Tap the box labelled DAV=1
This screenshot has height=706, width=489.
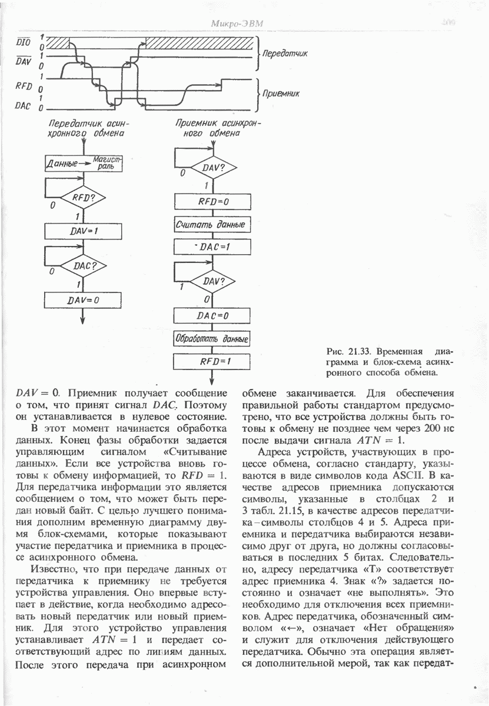(x=83, y=231)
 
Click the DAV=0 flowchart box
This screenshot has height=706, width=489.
(x=83, y=299)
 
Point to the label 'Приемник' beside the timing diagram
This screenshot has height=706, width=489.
(x=281, y=93)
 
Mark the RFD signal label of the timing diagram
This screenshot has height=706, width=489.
(x=24, y=86)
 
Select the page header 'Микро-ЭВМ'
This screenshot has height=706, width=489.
(x=238, y=24)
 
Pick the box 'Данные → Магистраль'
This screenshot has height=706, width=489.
(x=83, y=163)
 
